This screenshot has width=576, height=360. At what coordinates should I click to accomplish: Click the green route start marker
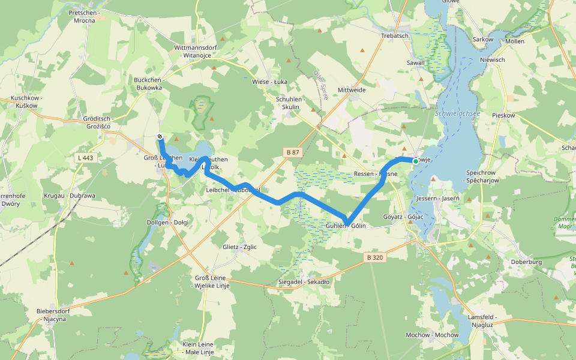(415, 161)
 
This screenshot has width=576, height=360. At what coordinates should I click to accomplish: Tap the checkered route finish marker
(160, 136)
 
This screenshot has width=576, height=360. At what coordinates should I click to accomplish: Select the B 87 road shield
(293, 152)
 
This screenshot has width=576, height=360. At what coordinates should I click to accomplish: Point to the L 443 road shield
(87, 158)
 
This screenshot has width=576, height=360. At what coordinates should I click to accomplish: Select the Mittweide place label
(352, 90)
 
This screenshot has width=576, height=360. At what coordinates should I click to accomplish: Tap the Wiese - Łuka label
(268, 82)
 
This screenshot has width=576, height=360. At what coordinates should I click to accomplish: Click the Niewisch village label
(493, 60)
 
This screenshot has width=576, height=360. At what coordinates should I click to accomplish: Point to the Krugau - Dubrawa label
(70, 196)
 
